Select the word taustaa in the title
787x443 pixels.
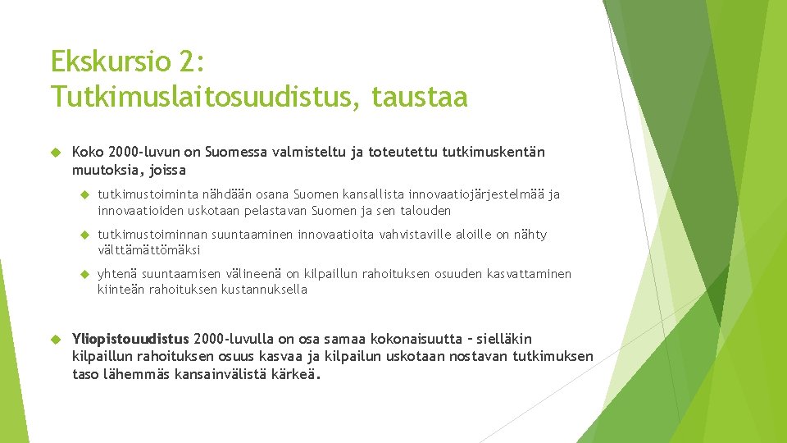[420, 98]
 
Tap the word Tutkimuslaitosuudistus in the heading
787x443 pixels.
[204, 98]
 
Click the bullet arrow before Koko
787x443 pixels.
[56, 153]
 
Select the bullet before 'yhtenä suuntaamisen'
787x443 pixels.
[84, 274]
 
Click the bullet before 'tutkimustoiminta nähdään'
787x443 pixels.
[84, 195]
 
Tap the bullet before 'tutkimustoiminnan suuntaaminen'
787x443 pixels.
[84, 235]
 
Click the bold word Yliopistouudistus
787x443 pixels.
[131, 339]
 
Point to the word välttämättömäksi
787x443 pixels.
[148, 250]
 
